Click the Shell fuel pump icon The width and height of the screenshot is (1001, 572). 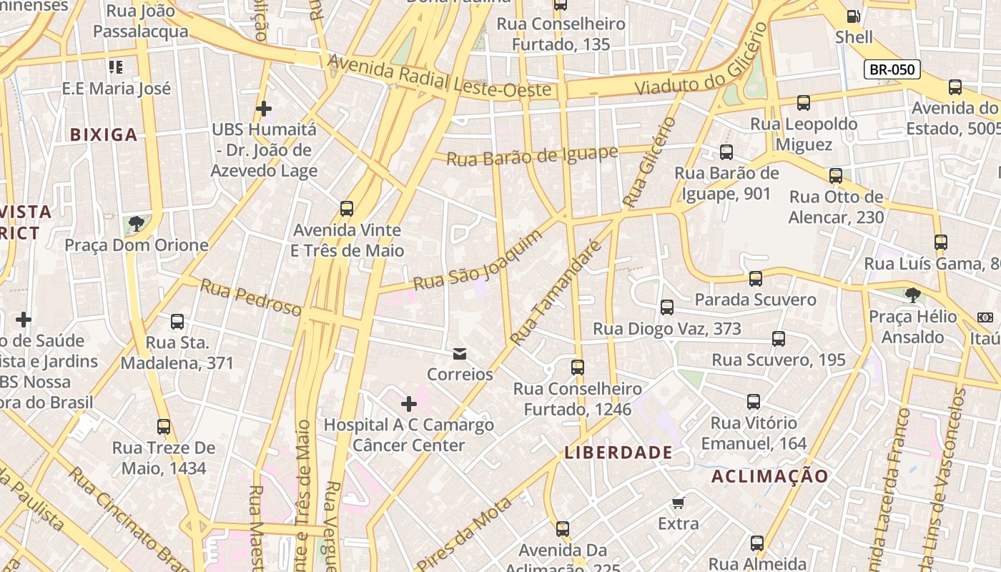(x=853, y=16)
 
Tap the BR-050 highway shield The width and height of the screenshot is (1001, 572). (x=892, y=69)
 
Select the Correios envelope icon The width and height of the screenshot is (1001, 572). (x=459, y=353)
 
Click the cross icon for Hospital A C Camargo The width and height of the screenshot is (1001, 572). (x=409, y=405)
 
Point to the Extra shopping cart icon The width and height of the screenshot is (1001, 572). (x=678, y=503)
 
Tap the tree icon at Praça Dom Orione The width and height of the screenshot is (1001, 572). (x=136, y=224)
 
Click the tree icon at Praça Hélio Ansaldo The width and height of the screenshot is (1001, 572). (x=912, y=295)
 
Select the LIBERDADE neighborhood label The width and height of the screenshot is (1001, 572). (x=618, y=452)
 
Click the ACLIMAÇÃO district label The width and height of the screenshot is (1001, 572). (x=770, y=476)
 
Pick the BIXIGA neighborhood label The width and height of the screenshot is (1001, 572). (x=104, y=134)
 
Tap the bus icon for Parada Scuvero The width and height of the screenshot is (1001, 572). (x=756, y=278)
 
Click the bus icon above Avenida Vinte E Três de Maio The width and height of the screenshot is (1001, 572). (x=347, y=209)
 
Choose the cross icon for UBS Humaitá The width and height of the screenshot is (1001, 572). (x=264, y=109)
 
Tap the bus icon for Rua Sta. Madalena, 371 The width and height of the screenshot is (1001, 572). (x=177, y=322)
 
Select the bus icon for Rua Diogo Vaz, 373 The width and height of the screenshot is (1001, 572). (x=667, y=307)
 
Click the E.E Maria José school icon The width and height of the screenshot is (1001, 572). (x=116, y=67)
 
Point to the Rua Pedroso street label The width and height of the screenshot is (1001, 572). (x=250, y=297)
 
